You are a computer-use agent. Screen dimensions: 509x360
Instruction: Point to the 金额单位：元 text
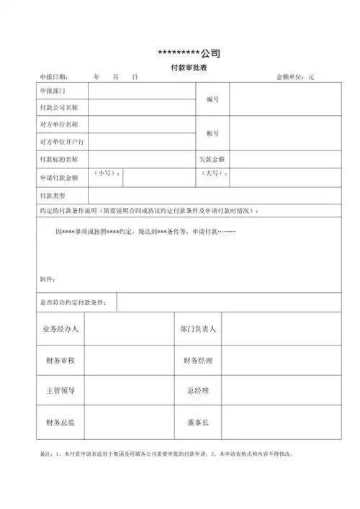[295, 76]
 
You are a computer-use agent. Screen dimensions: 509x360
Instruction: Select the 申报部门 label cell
[53, 91]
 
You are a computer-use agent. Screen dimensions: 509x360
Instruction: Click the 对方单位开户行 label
[62, 142]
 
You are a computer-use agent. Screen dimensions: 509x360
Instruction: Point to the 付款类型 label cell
[53, 195]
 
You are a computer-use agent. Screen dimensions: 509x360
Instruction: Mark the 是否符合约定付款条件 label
[75, 302]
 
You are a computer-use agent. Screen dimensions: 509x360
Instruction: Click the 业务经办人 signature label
[61, 329]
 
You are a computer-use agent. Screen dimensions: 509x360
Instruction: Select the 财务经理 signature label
[198, 360]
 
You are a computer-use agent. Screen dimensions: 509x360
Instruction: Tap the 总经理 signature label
[198, 391]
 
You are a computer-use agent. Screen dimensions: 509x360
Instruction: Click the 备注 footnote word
[44, 454]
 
